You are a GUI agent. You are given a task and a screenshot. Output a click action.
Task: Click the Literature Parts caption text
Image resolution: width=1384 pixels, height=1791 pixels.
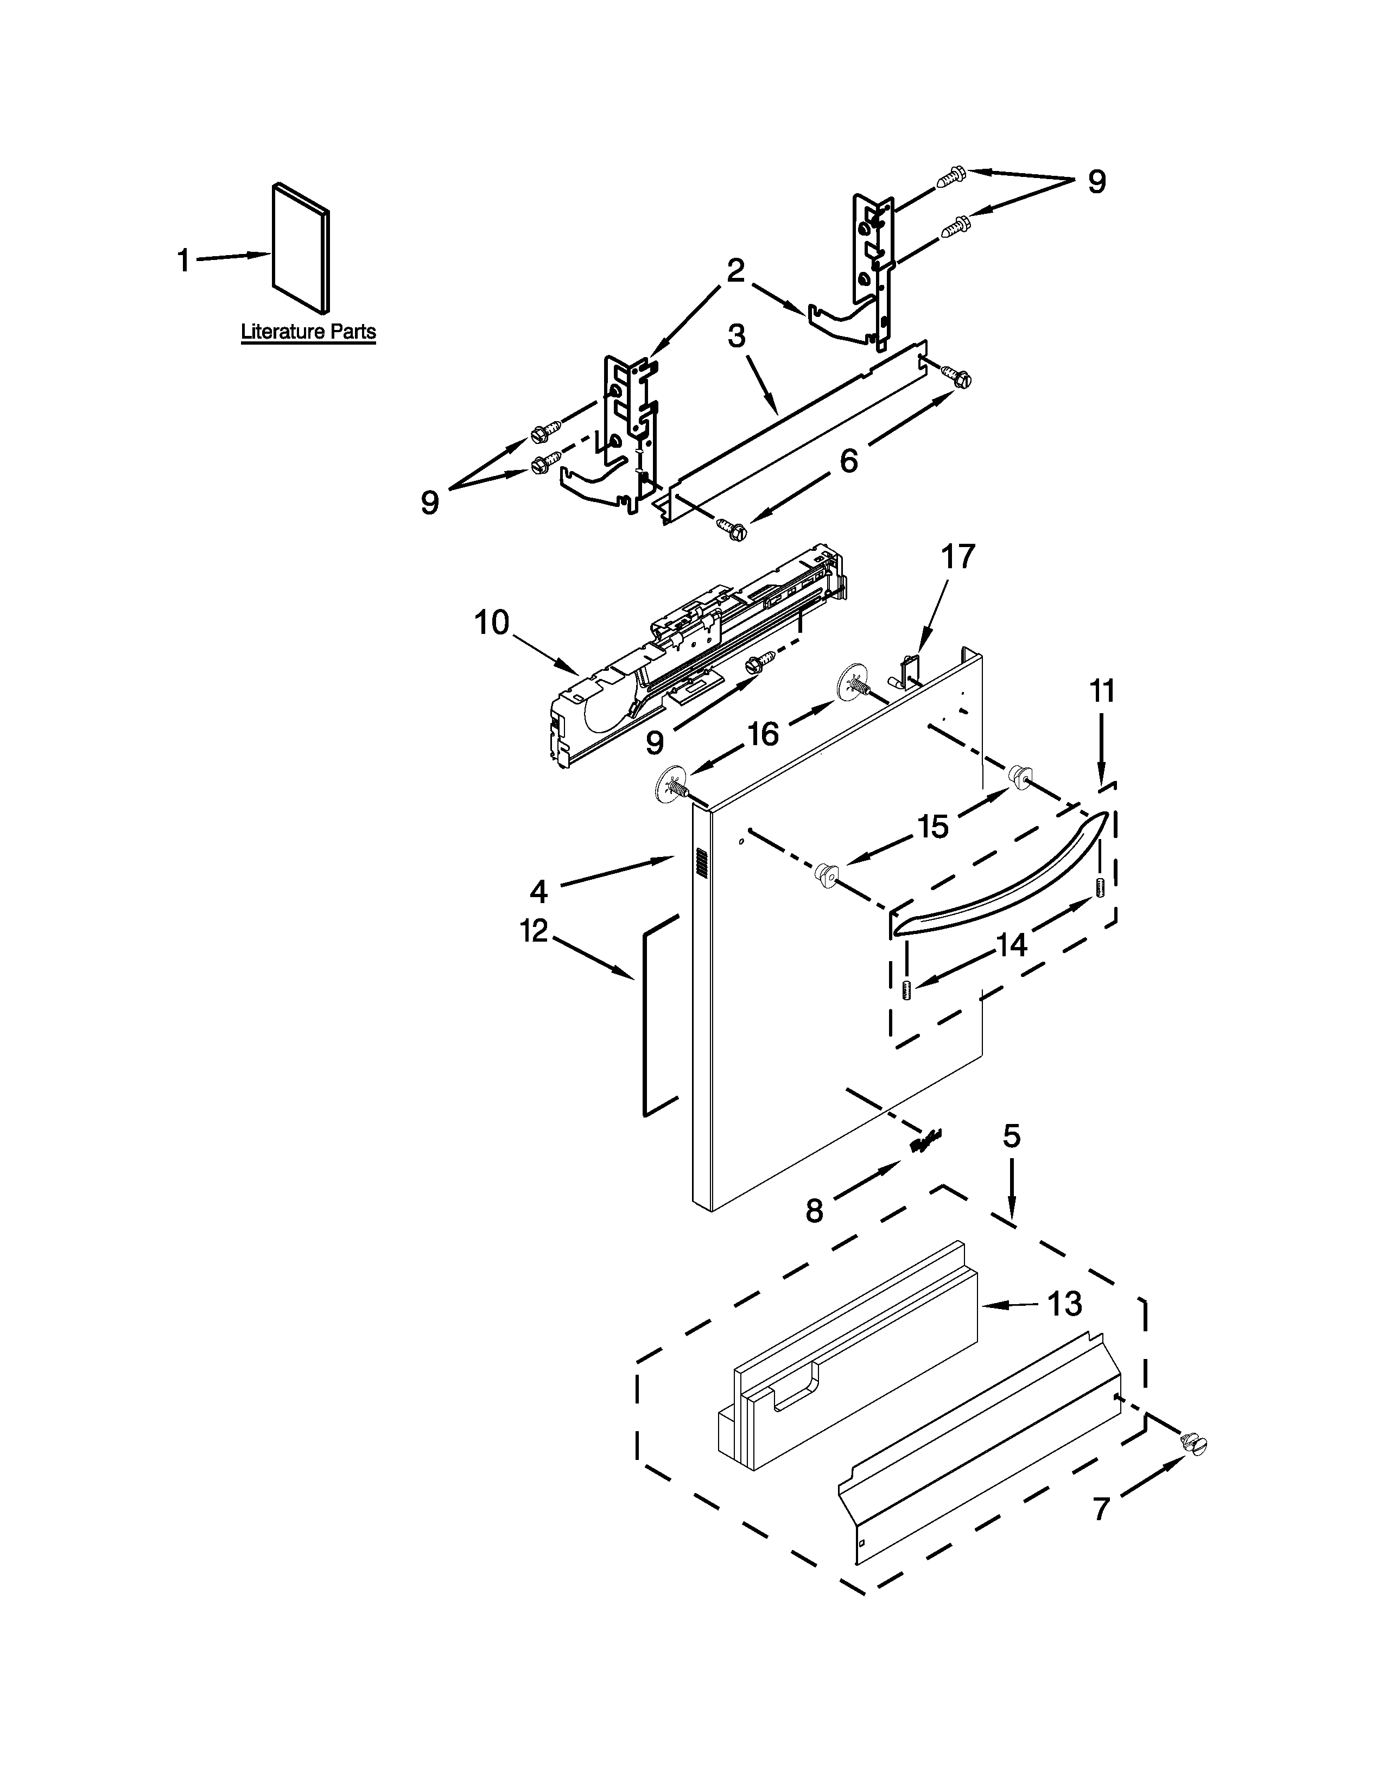[x=308, y=332]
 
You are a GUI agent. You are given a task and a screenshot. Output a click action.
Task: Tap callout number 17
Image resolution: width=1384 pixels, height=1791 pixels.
[x=957, y=557]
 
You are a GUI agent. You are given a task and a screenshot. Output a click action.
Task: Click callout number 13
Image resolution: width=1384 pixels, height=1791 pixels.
[x=1064, y=1303]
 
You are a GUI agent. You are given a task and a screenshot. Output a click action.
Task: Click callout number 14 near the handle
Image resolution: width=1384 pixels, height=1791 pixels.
[x=1012, y=945]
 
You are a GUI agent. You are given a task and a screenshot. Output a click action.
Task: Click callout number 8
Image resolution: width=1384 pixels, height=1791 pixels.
[x=814, y=1210]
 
